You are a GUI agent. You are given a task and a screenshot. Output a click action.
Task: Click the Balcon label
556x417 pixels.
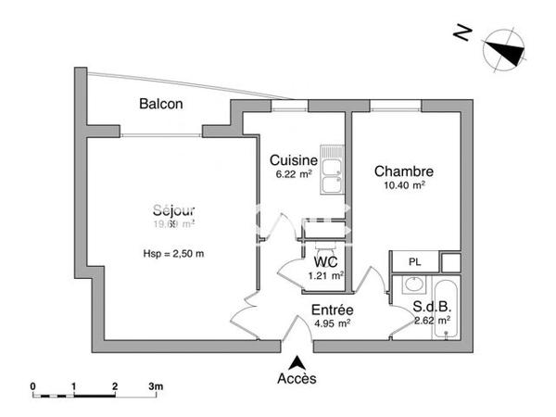coord(160,104)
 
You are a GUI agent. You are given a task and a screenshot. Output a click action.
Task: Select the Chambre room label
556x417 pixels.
coord(404,171)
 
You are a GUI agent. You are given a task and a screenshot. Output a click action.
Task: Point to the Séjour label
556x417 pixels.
coord(174,208)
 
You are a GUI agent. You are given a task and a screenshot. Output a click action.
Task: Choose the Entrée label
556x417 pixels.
coord(333,310)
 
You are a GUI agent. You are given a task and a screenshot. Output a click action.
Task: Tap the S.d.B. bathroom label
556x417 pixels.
coord(433,307)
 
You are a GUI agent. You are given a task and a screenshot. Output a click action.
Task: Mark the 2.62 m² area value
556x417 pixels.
coord(432,321)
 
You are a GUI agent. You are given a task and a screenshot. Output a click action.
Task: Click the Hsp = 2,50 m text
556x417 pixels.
coord(173,254)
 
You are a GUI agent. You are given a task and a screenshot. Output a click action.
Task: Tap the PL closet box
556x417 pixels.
coord(413,260)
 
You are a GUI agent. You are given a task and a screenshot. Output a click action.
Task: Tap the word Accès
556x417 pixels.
coord(297,379)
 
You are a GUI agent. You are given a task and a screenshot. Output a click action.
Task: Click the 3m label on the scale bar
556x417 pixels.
coord(156,385)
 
